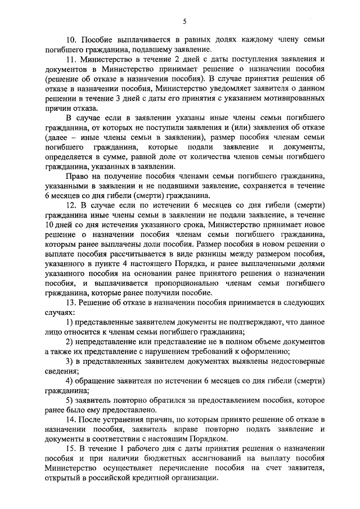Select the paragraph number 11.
click(x=71, y=59)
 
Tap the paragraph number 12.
click(x=71, y=205)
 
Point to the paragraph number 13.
click(x=71, y=303)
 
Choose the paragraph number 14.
click(x=71, y=420)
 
